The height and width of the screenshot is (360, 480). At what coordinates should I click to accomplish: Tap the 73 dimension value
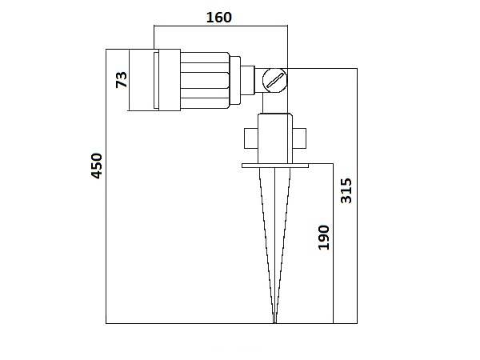122,80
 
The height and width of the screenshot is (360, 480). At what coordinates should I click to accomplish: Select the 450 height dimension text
97,166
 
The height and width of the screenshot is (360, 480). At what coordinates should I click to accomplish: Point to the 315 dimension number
346,190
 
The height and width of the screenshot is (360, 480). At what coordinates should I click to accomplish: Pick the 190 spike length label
323,237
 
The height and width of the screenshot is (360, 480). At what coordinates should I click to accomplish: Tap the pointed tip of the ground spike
274,322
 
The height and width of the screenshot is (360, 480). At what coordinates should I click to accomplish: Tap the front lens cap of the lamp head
144,80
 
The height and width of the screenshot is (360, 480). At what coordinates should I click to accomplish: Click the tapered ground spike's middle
274,240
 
